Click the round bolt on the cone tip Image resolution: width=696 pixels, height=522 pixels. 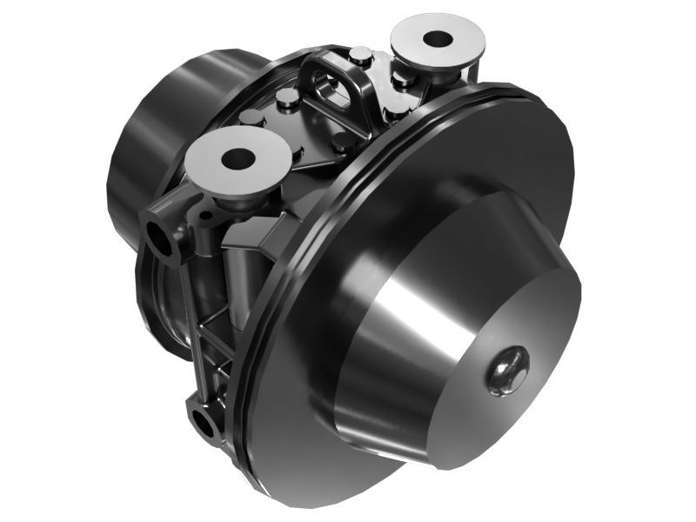pos(507,370)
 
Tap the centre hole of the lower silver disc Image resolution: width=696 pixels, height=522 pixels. pos(238,159)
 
